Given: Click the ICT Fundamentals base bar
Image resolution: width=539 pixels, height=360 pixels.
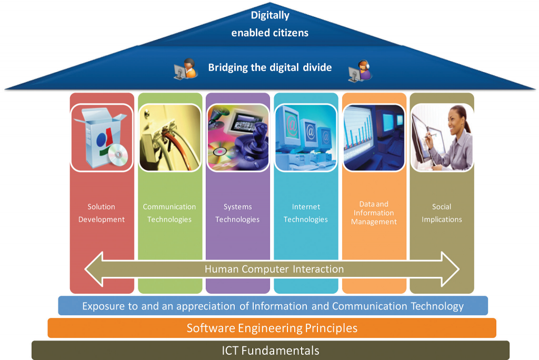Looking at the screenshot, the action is pos(270,351).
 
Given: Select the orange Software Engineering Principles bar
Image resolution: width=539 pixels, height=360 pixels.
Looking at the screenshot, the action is pos(272,328).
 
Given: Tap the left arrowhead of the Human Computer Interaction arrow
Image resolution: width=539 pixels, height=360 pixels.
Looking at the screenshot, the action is pos(94,269).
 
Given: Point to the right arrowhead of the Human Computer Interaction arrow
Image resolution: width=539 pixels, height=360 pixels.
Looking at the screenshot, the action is pos(451,269).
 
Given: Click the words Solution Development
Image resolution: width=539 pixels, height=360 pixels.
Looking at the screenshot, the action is pos(102,213).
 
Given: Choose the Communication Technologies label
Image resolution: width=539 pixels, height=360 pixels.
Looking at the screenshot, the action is pos(169,213).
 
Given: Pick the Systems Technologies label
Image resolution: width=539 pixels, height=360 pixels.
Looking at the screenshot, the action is pos(237,213).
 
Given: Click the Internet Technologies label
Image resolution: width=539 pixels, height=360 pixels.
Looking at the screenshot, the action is pos(306,213).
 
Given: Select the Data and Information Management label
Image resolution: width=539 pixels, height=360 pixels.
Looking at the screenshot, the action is pos(374,213).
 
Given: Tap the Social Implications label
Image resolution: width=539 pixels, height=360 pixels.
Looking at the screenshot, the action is pos(442,213).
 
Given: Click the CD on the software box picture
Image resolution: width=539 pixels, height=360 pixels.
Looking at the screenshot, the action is pos(118,154).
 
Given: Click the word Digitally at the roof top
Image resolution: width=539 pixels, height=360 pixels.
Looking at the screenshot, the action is pos(270,15).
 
